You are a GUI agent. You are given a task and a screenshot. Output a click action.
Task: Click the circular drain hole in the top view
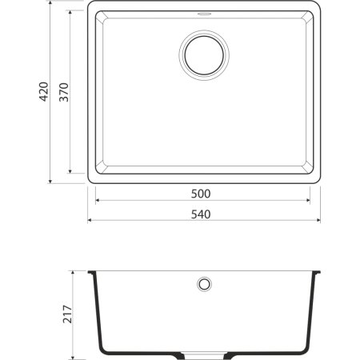coord(203,54)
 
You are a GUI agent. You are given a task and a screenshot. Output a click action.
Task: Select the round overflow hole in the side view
coord(203,284)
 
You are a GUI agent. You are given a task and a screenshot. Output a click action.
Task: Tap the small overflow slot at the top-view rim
coord(203,14)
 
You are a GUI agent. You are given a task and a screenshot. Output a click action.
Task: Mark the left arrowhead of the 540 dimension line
coord(90,220)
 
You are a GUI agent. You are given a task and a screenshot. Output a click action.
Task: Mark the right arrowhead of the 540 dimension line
coord(318,220)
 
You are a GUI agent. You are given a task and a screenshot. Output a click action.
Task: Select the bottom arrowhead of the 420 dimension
coord(52,180)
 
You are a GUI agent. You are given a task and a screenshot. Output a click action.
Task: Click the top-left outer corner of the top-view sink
coord(89,4)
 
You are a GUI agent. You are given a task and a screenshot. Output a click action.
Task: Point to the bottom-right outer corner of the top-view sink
coord(319,182)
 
